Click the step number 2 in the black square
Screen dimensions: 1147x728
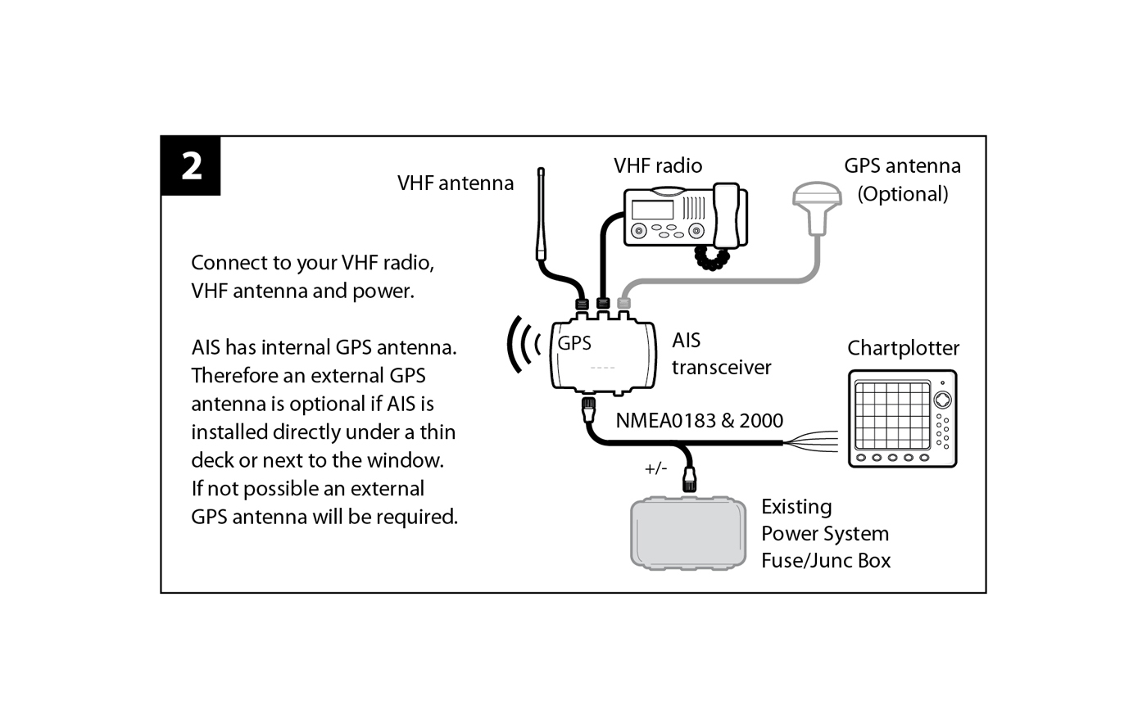coord(192,166)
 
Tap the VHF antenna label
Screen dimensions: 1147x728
coord(456,183)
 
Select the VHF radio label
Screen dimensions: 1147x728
coord(658,166)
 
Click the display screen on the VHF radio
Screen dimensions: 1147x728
coord(652,210)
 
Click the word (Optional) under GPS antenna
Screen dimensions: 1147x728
coord(903,194)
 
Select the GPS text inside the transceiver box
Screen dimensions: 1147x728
coord(574,343)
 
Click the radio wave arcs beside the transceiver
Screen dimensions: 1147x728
coord(523,344)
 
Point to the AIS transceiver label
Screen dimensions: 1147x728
coord(721,354)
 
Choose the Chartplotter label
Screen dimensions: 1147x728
coord(903,348)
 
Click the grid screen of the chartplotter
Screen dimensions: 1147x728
coord(892,415)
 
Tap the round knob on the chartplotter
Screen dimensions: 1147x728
coord(943,400)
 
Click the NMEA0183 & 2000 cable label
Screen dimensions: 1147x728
coord(699,421)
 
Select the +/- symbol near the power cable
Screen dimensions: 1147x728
coord(656,468)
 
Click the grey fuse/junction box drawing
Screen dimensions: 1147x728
coord(687,533)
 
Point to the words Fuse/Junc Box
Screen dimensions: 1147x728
coord(826,561)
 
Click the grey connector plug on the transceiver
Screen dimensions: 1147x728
coord(623,303)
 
